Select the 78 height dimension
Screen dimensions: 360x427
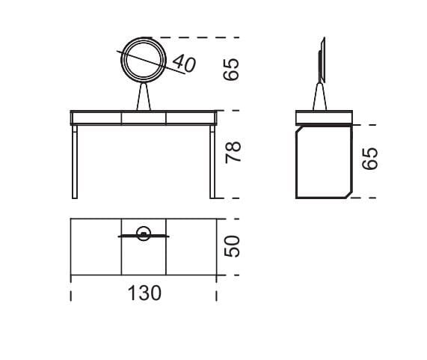(233, 155)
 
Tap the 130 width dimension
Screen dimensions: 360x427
(144, 293)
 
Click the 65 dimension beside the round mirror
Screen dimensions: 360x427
(233, 70)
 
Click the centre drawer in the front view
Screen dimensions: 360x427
(143, 117)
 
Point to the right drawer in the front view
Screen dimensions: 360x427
(191, 117)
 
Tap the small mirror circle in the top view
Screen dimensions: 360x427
(144, 233)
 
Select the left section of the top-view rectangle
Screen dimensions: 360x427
(96, 247)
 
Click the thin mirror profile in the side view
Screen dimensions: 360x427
(322, 58)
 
